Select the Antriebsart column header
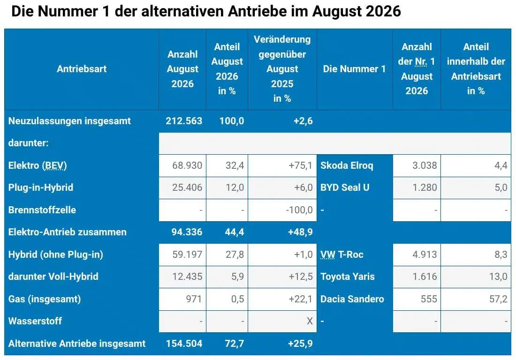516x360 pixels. tap(82, 69)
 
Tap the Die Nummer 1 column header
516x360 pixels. tap(354, 69)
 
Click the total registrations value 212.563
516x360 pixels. tap(184, 120)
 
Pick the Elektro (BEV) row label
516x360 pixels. tap(38, 165)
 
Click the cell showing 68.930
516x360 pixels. tap(187, 165)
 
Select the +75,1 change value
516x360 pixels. tap(300, 165)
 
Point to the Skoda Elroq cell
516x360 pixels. tap(347, 165)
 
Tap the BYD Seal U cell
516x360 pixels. tap(345, 187)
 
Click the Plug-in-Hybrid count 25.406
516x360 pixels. tap(187, 187)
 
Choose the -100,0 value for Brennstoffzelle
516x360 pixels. tap(299, 210)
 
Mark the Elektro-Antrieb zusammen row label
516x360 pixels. tap(68, 232)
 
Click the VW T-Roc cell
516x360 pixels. tap(342, 254)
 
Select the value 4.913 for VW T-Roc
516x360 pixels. tap(425, 254)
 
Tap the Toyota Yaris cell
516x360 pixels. tap(348, 277)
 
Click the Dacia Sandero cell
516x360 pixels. tap(352, 299)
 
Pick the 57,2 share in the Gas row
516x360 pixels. tap(498, 299)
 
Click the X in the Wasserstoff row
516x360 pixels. tap(310, 321)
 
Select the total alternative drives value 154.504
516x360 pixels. tap(184, 343)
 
